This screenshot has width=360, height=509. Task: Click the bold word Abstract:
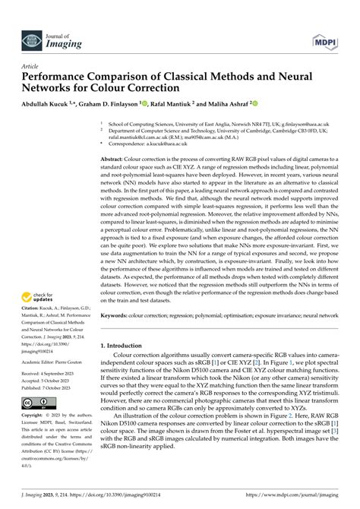coord(117,158)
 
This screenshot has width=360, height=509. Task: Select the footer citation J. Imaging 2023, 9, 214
coord(44,498)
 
